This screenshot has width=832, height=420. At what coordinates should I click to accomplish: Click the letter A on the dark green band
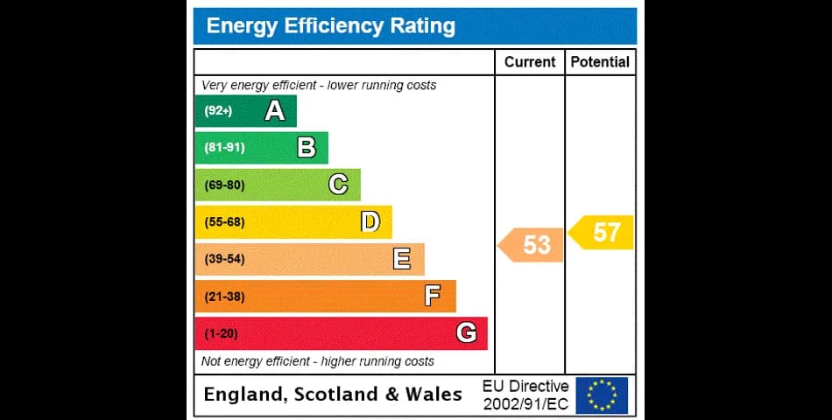pyautogui.click(x=275, y=111)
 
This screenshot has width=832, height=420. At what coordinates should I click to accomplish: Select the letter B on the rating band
pyautogui.click(x=307, y=148)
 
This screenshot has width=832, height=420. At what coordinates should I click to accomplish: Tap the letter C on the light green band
pyautogui.click(x=338, y=185)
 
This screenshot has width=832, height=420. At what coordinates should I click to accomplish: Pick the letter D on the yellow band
pyautogui.click(x=370, y=222)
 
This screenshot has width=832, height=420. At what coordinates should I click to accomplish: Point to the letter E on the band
pyautogui.click(x=402, y=259)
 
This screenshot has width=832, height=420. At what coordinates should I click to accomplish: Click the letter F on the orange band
pyautogui.click(x=433, y=297)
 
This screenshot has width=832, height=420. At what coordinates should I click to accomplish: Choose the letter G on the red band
pyautogui.click(x=466, y=333)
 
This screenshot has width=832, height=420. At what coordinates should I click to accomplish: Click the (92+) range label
pyautogui.click(x=218, y=111)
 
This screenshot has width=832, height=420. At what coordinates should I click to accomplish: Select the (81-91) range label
pyautogui.click(x=224, y=148)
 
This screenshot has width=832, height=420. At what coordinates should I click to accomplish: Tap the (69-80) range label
pyautogui.click(x=224, y=185)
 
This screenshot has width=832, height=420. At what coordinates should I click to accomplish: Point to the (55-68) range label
pyautogui.click(x=224, y=222)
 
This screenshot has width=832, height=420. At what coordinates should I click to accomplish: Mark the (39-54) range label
pyautogui.click(x=224, y=259)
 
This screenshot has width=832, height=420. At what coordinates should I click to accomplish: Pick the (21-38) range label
pyautogui.click(x=224, y=297)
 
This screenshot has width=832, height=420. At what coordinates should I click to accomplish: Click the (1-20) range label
pyautogui.click(x=221, y=333)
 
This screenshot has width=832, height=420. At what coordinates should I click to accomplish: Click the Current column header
pyautogui.click(x=530, y=62)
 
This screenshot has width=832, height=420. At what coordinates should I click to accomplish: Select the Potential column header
pyautogui.click(x=600, y=62)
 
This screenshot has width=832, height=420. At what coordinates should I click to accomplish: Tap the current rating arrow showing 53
pyautogui.click(x=532, y=245)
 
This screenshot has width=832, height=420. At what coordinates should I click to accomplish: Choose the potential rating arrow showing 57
pyautogui.click(x=603, y=233)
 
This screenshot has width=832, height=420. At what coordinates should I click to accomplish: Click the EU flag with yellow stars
pyautogui.click(x=602, y=395)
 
